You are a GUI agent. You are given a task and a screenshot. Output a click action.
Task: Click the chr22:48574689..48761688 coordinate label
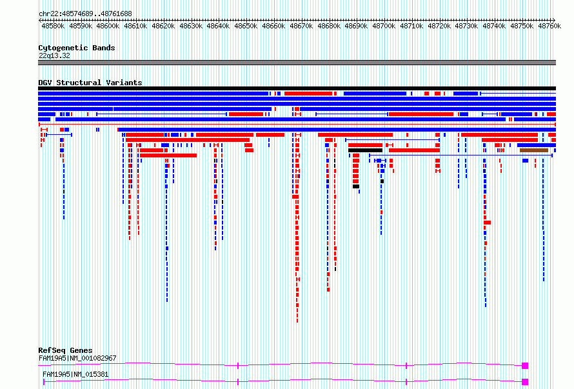(85, 14)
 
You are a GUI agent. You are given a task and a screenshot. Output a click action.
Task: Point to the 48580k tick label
(53, 26)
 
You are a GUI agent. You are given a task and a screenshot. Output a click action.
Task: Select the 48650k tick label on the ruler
(246, 26)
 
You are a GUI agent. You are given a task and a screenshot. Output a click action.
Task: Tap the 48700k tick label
(384, 26)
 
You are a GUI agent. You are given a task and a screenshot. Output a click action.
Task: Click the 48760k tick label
(549, 26)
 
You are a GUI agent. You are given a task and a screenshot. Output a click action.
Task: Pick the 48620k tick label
(163, 26)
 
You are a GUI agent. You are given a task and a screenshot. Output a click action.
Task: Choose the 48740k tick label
(494, 26)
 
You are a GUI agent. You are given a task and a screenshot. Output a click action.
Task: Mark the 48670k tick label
(301, 26)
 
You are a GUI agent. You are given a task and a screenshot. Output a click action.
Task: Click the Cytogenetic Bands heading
(77, 48)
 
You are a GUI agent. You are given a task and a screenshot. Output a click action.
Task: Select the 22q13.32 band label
(54, 55)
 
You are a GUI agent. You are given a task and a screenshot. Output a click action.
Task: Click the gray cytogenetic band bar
(297, 63)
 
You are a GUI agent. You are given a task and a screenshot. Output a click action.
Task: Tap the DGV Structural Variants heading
(90, 83)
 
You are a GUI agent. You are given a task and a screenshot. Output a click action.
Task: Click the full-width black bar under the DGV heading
(297, 88)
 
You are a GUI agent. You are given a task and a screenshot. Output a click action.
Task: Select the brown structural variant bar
(534, 150)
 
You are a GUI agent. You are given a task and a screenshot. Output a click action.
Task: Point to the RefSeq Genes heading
(65, 350)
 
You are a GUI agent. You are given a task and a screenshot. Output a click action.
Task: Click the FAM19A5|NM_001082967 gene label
(77, 358)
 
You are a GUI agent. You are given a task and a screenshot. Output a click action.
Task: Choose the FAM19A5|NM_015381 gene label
(75, 374)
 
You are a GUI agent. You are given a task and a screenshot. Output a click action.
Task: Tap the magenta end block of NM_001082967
(525, 366)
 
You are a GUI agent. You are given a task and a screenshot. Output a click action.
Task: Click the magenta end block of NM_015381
(525, 382)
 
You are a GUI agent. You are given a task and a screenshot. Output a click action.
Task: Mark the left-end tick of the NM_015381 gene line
(44, 382)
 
